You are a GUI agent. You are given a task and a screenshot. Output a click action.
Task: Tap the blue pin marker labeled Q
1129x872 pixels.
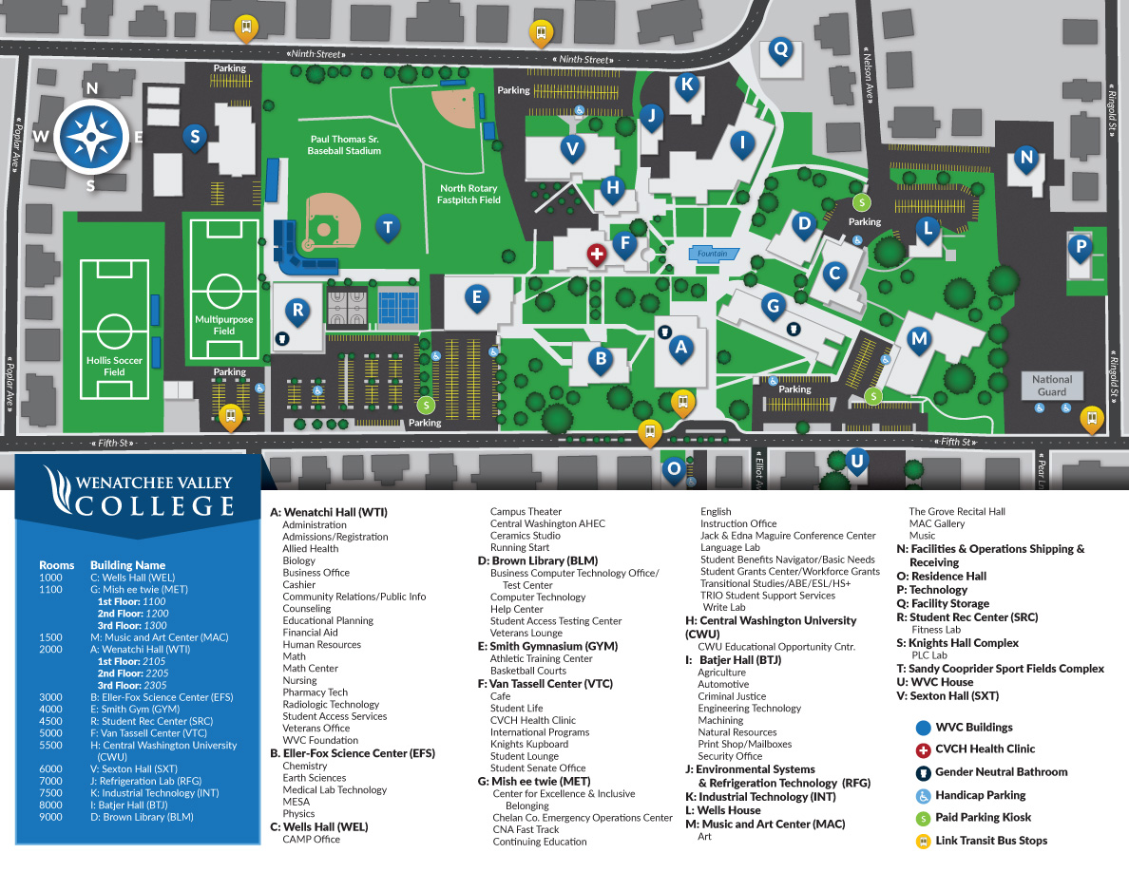coord(781,49)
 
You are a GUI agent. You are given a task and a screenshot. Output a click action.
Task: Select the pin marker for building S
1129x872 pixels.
coord(195,137)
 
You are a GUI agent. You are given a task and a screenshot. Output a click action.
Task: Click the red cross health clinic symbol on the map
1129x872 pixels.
coord(597,255)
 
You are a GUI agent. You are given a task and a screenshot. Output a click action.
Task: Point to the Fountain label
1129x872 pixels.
coord(712,254)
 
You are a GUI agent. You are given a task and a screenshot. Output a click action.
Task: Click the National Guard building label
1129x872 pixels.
coord(1052,385)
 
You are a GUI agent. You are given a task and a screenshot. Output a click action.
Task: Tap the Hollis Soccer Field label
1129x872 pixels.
coord(114,366)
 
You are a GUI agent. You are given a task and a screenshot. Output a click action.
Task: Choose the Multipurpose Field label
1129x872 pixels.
coord(224,326)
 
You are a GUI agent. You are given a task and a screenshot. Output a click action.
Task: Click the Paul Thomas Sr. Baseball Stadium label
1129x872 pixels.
coord(345,144)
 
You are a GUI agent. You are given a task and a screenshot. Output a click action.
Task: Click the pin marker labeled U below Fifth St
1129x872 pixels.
coord(857,462)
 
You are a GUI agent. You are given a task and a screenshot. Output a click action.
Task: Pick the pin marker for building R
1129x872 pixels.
coord(297,311)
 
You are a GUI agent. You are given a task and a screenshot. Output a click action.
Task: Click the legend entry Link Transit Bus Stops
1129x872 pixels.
coord(991,840)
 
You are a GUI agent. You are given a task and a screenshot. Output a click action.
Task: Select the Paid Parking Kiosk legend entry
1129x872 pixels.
coord(983,817)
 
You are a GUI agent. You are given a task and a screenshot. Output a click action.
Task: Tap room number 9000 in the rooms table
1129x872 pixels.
coord(51,817)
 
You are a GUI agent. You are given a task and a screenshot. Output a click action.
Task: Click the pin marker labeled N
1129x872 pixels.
coord(1026,158)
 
